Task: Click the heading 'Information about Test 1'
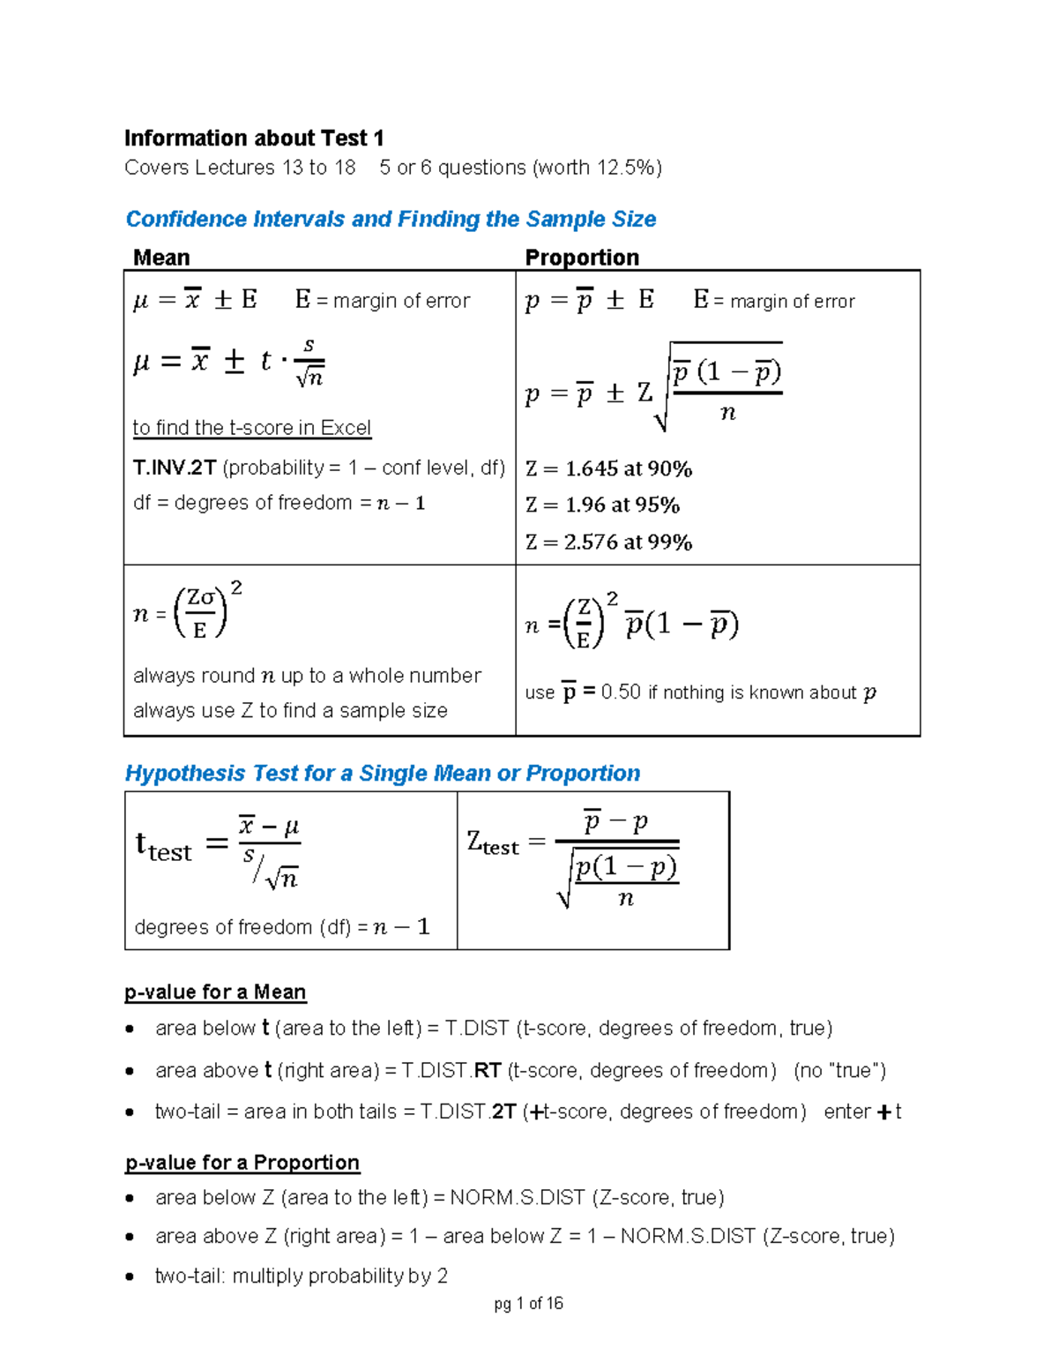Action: coord(254,138)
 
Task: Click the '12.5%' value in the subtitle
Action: coord(625,168)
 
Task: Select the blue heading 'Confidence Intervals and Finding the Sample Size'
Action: coord(391,219)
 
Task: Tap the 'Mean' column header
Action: coord(161,258)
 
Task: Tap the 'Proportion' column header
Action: coord(582,258)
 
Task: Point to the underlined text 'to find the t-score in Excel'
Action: coord(251,428)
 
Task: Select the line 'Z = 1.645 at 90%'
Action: coord(608,469)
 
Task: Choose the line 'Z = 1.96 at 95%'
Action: coord(602,505)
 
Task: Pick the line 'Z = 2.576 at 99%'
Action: coord(608,543)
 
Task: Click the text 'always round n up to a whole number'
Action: coord(307,676)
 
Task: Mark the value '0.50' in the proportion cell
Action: coord(621,692)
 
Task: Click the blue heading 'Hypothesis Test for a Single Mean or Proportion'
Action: coord(382,774)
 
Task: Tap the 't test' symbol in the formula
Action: coord(163,847)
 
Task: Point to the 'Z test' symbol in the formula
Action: coord(493,844)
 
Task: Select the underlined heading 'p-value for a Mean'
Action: coord(215,992)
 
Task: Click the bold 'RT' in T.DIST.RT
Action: coord(488,1071)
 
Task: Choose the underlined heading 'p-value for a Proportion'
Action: coord(242,1163)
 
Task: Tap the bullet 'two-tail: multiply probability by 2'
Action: coord(302,1276)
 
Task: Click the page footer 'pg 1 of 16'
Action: coord(528,1304)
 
